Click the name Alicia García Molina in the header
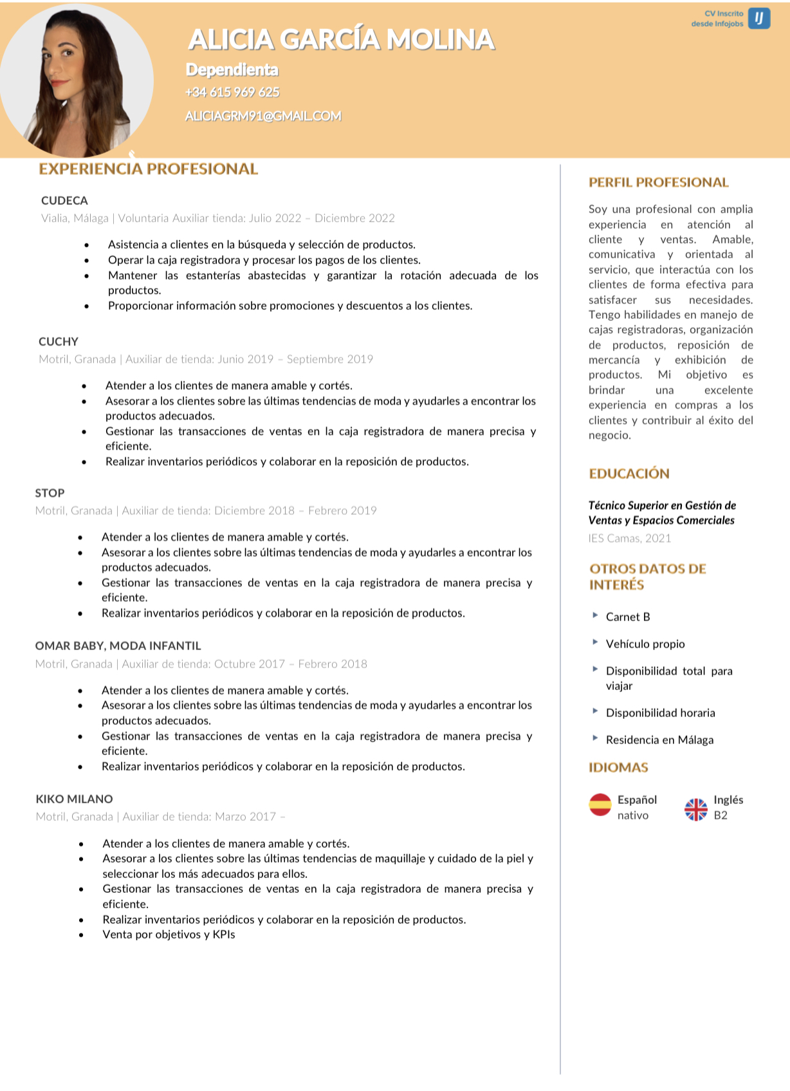(x=341, y=40)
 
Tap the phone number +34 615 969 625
(x=232, y=92)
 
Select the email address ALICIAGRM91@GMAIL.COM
(x=263, y=116)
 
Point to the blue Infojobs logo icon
(x=759, y=18)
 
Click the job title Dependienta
(x=232, y=70)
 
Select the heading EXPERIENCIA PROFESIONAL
(x=148, y=169)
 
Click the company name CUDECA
(x=64, y=201)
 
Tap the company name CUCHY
(x=59, y=342)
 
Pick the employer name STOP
(x=50, y=493)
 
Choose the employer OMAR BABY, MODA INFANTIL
(x=118, y=646)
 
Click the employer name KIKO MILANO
(x=74, y=799)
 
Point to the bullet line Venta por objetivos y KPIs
(x=169, y=935)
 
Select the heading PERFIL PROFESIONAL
(x=658, y=183)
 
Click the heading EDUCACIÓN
(x=629, y=474)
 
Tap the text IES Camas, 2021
(x=629, y=538)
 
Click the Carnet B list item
(x=627, y=617)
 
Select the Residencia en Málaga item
(x=659, y=740)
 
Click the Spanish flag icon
(x=600, y=805)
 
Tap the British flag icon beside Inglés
(x=695, y=809)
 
